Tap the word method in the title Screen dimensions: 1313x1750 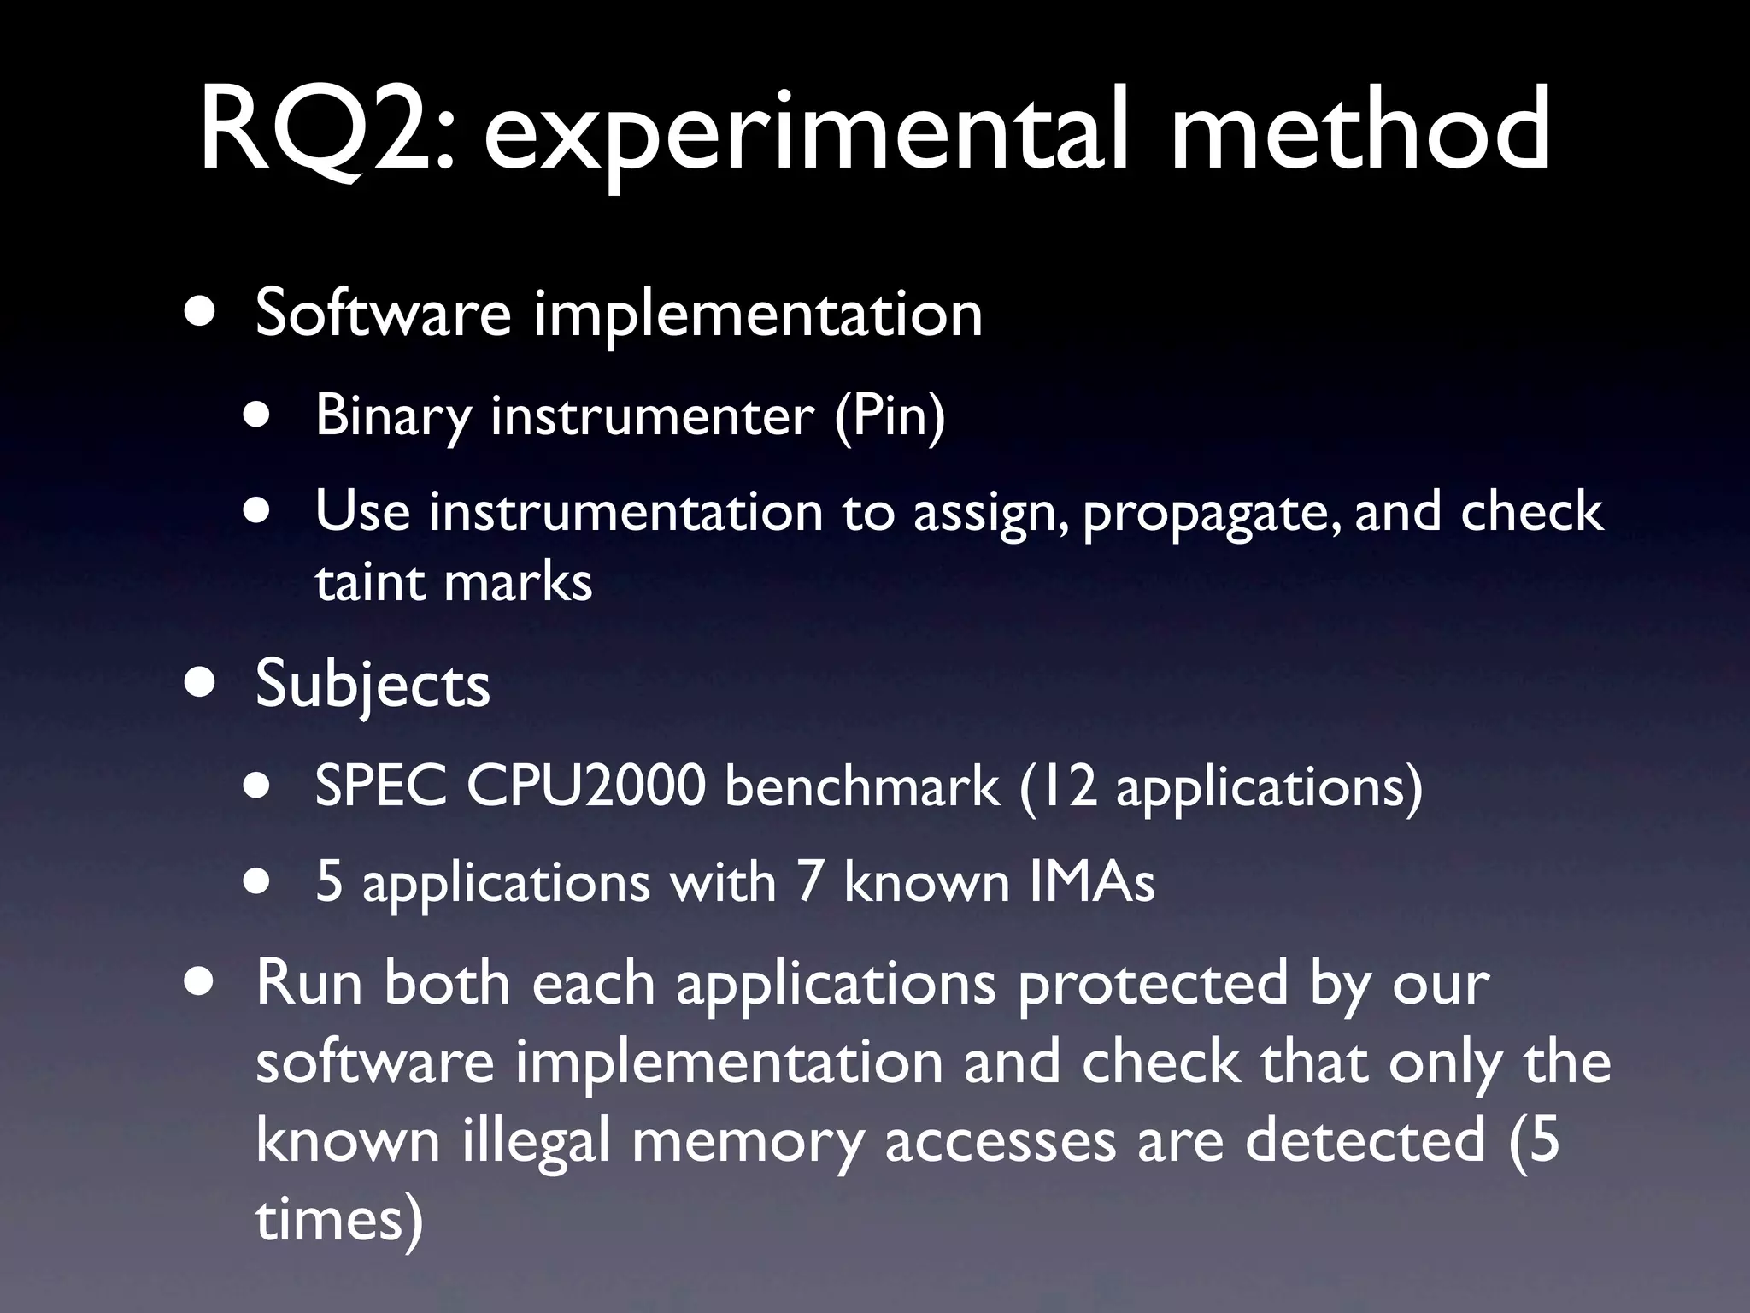[x=1359, y=130]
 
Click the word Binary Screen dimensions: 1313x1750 [x=393, y=416]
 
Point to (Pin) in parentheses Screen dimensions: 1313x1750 [x=890, y=416]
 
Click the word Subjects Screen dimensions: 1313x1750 [x=373, y=686]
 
